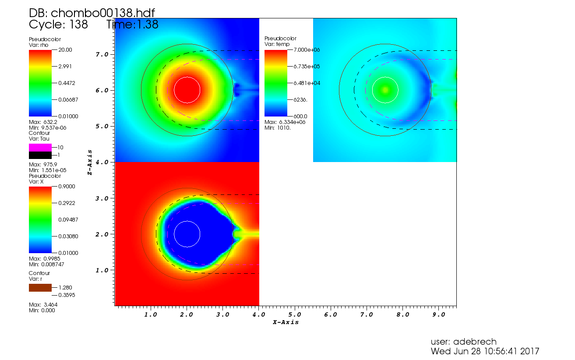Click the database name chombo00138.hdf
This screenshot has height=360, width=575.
point(92,13)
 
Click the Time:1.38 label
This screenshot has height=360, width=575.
point(132,25)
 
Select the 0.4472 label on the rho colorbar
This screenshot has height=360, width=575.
point(67,83)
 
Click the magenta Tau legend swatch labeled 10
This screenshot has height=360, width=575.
point(40,148)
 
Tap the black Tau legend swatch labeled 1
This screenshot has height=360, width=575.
point(40,155)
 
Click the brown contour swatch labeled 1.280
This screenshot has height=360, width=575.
point(40,288)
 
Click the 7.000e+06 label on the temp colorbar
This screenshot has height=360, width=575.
point(307,50)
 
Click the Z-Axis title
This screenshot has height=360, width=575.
point(89,162)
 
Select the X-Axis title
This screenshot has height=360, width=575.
point(286,322)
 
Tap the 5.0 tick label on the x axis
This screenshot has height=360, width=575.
point(294,314)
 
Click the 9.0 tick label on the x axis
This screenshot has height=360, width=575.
point(438,314)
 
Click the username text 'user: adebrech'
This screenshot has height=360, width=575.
point(463,342)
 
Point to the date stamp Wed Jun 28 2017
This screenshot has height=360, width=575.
point(485,351)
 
